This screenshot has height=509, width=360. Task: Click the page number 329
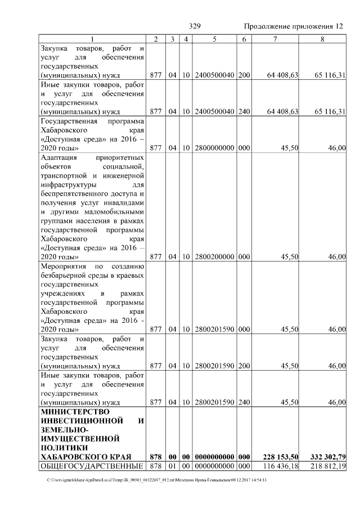(x=195, y=26)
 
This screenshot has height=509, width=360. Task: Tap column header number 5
(x=214, y=39)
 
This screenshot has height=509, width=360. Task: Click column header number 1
(x=92, y=39)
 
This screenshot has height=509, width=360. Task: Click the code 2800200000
(x=214, y=256)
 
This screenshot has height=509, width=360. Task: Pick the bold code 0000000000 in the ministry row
(x=214, y=456)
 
